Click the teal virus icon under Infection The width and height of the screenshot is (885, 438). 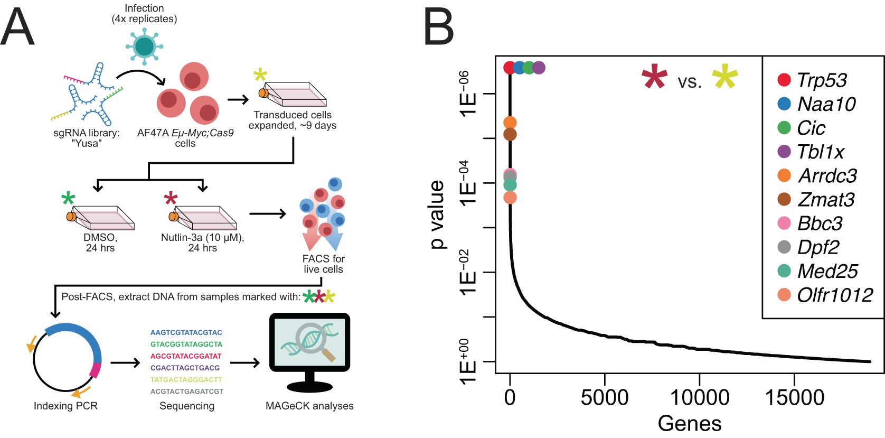(x=144, y=46)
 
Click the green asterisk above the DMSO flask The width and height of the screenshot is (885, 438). (x=68, y=199)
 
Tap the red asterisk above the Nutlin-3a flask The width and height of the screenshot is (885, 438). (x=171, y=199)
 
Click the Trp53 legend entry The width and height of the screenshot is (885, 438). (x=821, y=80)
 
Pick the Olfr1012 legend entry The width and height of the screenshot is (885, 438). (x=834, y=295)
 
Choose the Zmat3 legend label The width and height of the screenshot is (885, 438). (x=826, y=200)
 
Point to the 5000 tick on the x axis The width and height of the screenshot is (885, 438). (x=605, y=397)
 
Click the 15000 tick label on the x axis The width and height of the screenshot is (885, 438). (x=794, y=397)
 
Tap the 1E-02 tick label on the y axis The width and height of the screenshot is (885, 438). (x=468, y=273)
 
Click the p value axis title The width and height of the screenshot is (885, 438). (x=437, y=214)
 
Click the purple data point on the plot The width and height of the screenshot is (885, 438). (x=538, y=68)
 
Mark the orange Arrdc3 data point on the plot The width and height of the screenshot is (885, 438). (x=510, y=123)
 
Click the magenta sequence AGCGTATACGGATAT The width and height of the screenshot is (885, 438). (x=186, y=356)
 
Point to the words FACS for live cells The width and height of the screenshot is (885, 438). (x=323, y=264)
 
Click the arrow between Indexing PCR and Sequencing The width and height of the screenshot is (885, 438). (x=125, y=362)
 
